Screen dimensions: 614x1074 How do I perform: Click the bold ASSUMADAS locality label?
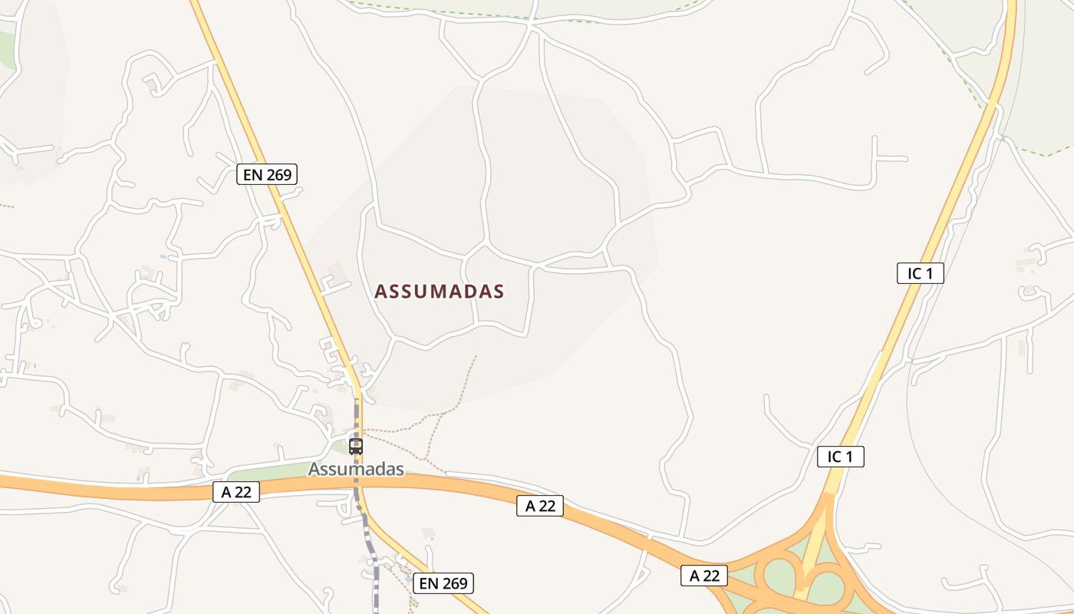439,292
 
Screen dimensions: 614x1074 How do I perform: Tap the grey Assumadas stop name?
356,469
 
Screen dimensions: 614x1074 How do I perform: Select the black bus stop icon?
356,446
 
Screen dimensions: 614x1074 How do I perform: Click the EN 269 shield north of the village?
266,175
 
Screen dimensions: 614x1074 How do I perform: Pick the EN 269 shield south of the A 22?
443,583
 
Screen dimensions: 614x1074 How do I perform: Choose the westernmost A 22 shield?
236,493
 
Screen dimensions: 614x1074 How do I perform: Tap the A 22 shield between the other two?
540,506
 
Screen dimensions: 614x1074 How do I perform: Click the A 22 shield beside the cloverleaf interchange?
704,576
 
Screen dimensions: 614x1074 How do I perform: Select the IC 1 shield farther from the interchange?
920,273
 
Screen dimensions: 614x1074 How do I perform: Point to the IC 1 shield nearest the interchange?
840,457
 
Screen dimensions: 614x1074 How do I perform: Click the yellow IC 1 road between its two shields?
882,361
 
